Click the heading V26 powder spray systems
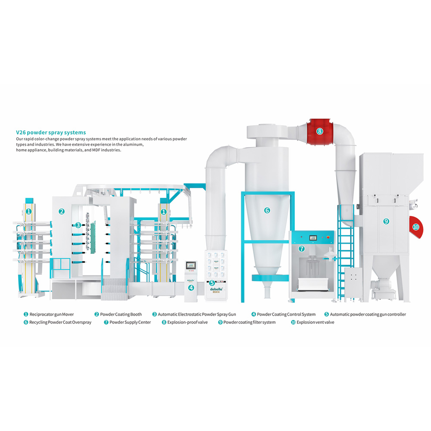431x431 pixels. point(51,132)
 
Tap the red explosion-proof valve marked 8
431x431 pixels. point(319,131)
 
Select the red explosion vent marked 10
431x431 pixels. point(415,227)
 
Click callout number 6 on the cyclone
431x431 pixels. point(267,210)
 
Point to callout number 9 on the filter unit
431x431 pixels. point(386,221)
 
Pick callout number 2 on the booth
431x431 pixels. point(62,211)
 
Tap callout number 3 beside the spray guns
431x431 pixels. point(78,225)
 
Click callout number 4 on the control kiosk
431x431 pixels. point(191,287)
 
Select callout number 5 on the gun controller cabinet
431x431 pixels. point(212,283)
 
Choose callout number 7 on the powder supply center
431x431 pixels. point(302,249)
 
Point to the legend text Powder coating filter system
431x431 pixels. point(249,322)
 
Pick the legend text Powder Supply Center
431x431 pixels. point(130,322)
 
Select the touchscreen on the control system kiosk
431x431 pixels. point(191,265)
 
